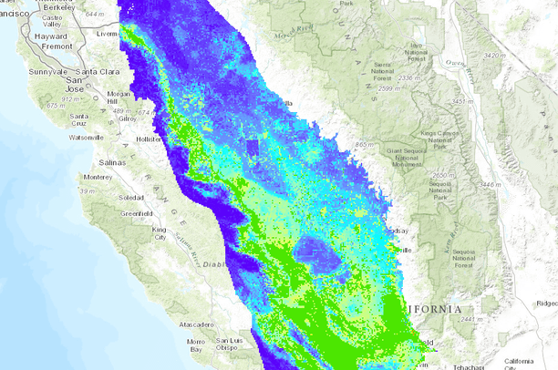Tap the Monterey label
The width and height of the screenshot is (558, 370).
(98, 177)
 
